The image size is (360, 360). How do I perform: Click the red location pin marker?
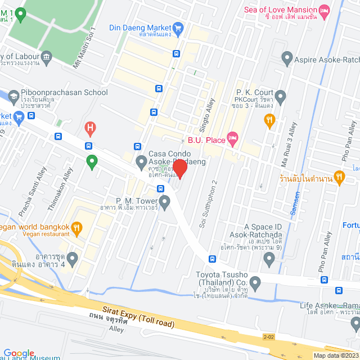point(179,168)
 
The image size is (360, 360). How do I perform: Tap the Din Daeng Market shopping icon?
point(178,28)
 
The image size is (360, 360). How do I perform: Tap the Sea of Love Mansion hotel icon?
point(323,11)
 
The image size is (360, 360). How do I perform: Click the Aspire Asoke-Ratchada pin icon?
point(287,58)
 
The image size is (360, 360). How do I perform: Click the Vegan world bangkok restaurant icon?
point(77,228)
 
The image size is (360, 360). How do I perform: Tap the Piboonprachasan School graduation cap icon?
point(13,96)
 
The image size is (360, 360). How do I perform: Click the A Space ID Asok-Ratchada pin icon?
point(269,259)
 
